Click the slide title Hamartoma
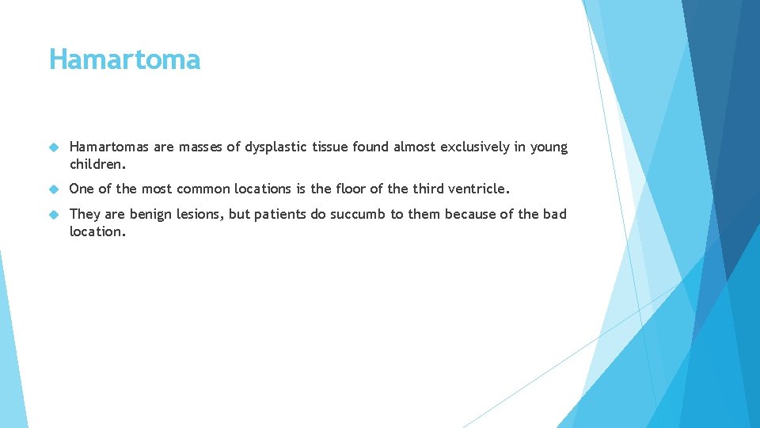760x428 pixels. (x=124, y=59)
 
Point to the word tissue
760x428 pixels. (x=330, y=147)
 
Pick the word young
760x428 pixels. (x=549, y=148)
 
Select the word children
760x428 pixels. (x=97, y=164)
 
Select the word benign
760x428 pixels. (x=150, y=215)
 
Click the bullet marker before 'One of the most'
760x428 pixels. (x=54, y=189)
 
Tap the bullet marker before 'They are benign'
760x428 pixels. (x=54, y=215)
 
